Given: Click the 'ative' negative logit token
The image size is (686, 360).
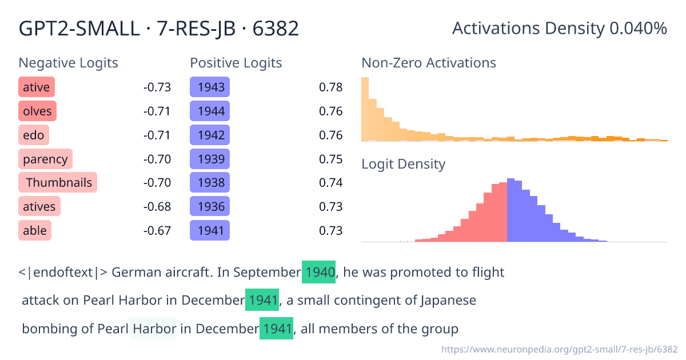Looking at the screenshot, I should tap(37, 87).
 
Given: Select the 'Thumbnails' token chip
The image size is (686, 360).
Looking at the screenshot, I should tap(58, 183).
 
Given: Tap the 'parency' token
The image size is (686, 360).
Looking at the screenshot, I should tap(45, 159).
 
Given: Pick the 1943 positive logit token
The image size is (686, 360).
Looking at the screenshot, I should tap(210, 87).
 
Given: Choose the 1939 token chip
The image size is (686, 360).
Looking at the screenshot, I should tap(210, 159).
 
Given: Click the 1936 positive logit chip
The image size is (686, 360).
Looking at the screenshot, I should tap(210, 207).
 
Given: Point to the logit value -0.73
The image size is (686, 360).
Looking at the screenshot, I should tap(157, 87).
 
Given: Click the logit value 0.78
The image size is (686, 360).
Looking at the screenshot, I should tap(330, 87).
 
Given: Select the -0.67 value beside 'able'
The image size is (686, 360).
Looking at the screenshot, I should tap(157, 231).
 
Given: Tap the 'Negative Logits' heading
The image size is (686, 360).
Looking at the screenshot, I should tap(69, 63).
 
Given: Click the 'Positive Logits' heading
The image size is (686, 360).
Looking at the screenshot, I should tap(236, 63).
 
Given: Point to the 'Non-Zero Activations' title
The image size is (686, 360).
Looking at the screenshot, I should tap(429, 63).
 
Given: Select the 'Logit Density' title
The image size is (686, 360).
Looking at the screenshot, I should tap(403, 164).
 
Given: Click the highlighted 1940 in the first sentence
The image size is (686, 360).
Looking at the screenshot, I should tap(320, 272).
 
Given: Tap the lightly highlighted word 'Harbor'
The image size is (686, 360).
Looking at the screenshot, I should tap(153, 329).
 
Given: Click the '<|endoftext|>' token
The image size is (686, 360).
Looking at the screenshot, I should tap(63, 272).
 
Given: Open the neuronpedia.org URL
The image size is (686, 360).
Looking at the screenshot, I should tap(560, 349).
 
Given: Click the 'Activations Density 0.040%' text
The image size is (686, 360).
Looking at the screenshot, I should tap(559, 28).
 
